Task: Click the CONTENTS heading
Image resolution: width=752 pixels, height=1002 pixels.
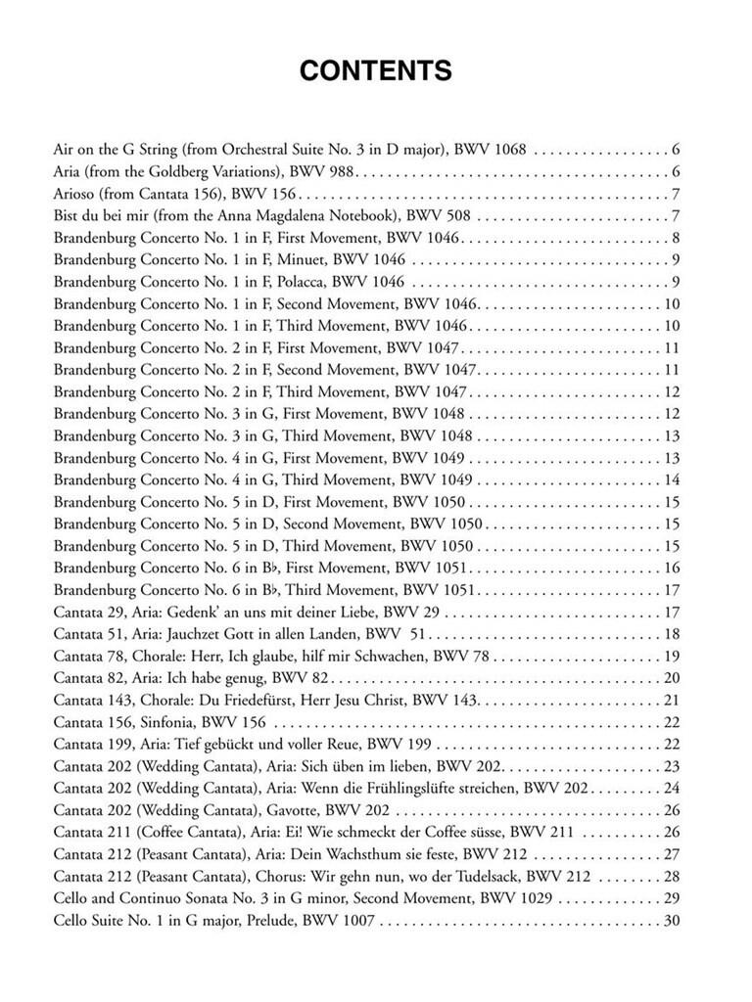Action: [375, 71]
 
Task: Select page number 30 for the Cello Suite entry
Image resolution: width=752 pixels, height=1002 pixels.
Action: [672, 920]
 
